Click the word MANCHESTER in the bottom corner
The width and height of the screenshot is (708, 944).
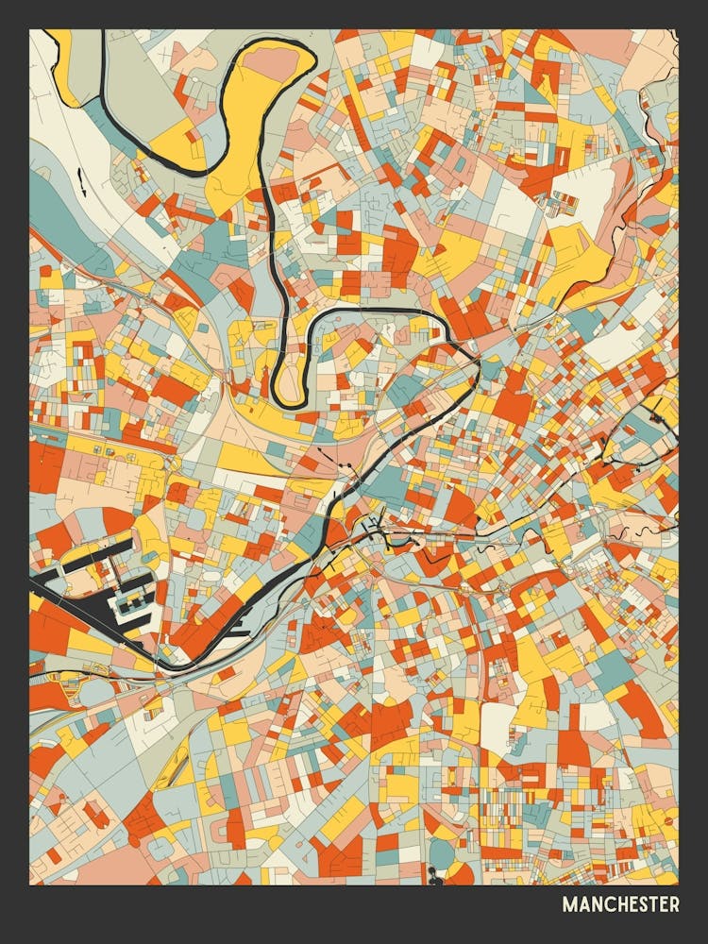pos(620,904)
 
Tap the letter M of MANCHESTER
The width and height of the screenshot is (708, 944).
pos(569,904)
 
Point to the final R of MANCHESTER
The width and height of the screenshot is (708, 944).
pos(673,904)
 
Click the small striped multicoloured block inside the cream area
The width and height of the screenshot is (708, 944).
pos(564,201)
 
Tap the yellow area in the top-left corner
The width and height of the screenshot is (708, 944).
pos(61,57)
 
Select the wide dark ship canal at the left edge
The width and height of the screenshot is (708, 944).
pos(57,595)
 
